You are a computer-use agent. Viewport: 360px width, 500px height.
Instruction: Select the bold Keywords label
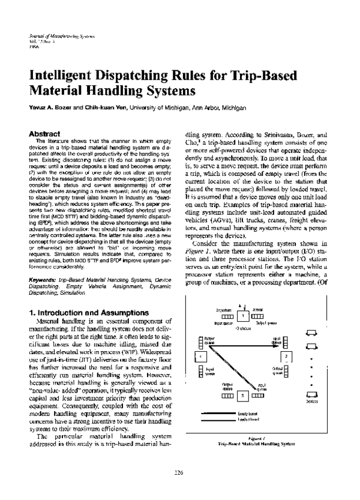[x=45, y=280]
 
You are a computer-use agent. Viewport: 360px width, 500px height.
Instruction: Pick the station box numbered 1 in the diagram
[x=242, y=316]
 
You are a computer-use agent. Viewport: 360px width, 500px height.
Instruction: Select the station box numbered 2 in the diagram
[x=287, y=357]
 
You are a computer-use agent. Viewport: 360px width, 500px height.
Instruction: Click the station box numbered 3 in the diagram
[x=242, y=396]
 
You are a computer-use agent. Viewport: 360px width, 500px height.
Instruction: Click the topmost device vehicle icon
[x=311, y=333]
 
